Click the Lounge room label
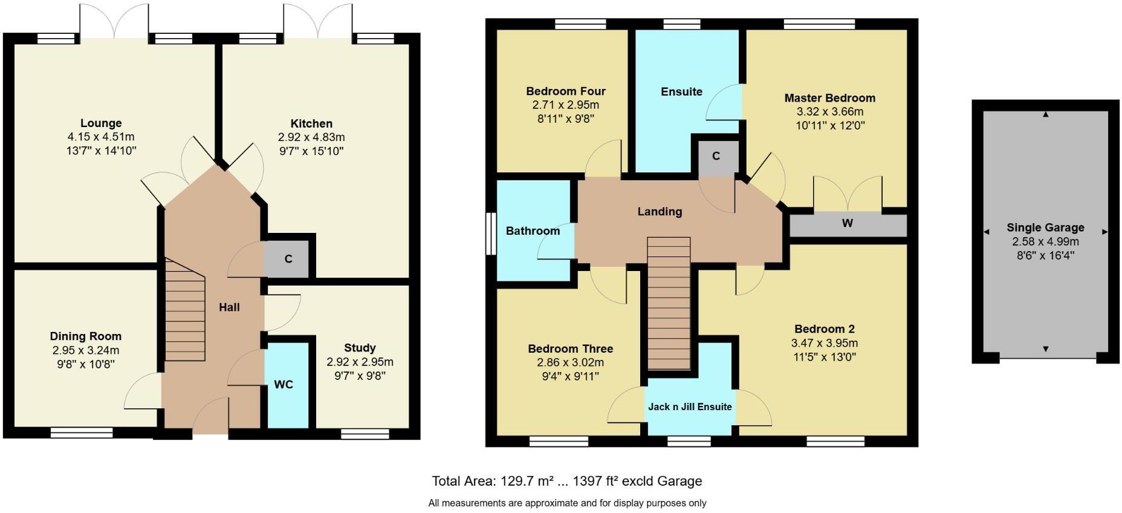pos(101,123)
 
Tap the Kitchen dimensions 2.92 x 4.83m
pos(311,137)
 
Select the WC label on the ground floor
pos(284,385)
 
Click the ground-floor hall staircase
pos(185,310)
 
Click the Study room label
pos(360,348)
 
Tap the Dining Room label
pos(85,336)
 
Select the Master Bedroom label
pos(829,98)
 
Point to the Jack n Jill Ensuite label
pos(690,407)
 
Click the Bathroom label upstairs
pos(533,231)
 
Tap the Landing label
pos(660,212)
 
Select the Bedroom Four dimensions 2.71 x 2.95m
pos(565,105)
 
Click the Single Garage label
pos(1045,227)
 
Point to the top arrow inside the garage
pos(1046,114)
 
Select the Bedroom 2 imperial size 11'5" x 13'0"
pos(824,357)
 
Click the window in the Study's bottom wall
pos(365,434)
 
